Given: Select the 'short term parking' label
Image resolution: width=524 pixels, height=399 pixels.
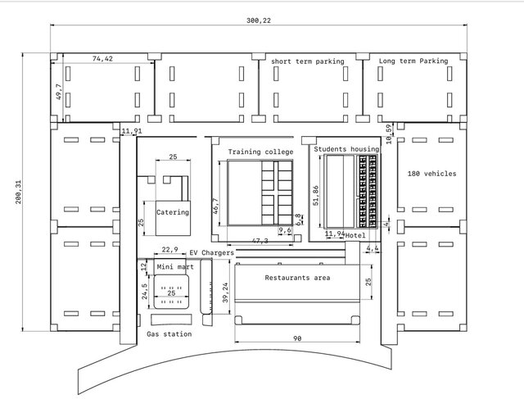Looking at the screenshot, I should click(x=308, y=61).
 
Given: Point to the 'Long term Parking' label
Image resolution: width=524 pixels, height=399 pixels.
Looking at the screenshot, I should click(x=413, y=61).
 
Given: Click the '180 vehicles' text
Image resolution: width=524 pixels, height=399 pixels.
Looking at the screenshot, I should click(x=431, y=174).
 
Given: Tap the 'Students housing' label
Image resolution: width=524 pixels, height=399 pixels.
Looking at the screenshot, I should click(x=347, y=149).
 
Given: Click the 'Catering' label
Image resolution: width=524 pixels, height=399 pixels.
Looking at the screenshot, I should click(x=173, y=212).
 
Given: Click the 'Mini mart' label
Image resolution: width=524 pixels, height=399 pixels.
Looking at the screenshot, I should click(x=174, y=267).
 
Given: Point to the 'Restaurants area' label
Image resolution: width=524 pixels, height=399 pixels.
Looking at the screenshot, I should click(x=297, y=279).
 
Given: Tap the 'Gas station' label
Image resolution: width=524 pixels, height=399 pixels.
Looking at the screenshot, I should click(x=169, y=334).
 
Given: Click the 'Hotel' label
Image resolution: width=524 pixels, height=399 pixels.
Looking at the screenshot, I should click(x=355, y=236).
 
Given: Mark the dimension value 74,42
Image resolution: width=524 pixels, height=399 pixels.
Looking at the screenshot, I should click(x=102, y=59).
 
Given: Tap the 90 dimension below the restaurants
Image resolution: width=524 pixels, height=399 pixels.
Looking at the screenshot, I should click(x=297, y=338).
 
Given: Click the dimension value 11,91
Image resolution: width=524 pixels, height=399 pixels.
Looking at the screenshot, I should click(x=131, y=131).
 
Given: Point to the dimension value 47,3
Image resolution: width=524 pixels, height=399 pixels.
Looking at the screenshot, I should click(x=260, y=241).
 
